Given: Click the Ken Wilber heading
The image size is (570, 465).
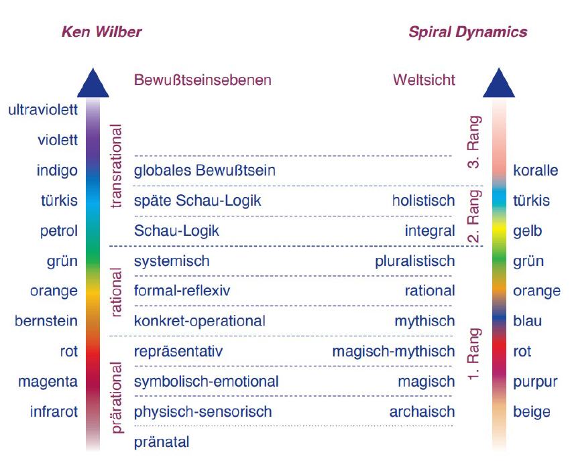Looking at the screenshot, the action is click(101, 32).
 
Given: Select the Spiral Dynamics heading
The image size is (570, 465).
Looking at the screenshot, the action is click(468, 32).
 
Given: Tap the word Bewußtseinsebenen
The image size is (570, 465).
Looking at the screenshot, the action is click(203, 80).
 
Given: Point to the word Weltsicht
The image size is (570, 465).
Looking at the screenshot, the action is click(424, 80).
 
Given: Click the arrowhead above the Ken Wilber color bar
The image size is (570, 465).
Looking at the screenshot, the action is click(93, 83).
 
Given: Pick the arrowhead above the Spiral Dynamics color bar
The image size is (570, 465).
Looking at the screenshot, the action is click(499, 83).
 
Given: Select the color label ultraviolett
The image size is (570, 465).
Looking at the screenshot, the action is click(43, 110).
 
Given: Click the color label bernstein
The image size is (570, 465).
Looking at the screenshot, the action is click(46, 321).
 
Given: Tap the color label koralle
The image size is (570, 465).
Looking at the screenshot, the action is click(536, 170).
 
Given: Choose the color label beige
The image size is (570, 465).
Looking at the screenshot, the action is click(532, 412).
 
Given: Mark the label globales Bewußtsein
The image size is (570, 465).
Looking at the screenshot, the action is click(205, 170).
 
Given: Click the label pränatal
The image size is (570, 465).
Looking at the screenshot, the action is click(162, 442).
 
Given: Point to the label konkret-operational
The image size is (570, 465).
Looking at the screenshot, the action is click(200, 322).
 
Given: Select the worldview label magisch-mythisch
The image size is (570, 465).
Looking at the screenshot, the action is click(394, 352).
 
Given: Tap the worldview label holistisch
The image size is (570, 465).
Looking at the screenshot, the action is click(424, 200).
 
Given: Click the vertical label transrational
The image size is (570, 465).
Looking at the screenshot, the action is click(116, 166).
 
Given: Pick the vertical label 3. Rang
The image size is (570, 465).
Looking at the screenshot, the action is click(474, 142).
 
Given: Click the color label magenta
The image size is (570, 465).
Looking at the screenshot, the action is click(48, 382).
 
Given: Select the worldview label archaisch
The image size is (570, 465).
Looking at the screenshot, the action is click(422, 412).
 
